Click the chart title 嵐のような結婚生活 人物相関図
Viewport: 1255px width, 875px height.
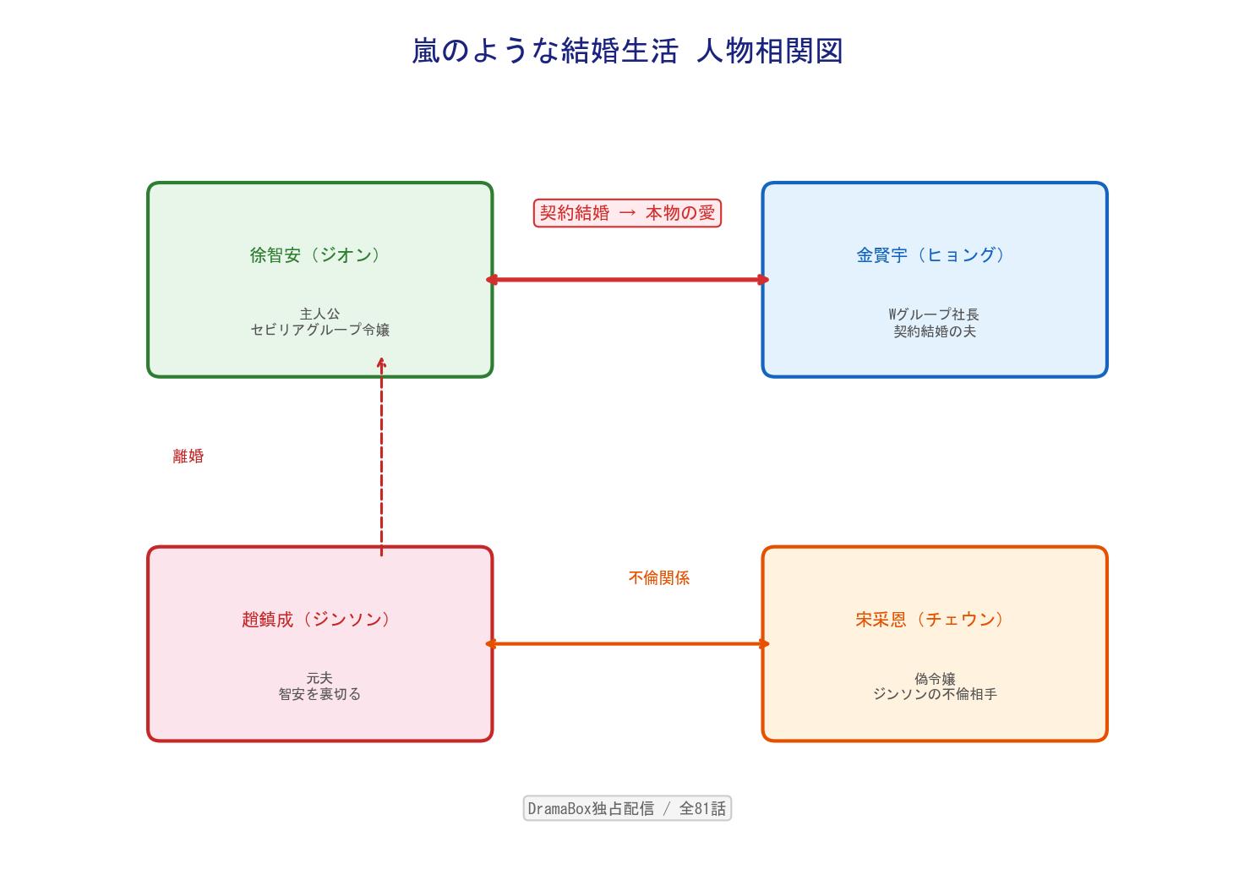point(627,51)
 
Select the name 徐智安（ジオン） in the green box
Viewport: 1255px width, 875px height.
point(315,254)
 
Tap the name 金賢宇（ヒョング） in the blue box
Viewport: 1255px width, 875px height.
point(930,254)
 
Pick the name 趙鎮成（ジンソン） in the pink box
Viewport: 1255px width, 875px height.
point(316,619)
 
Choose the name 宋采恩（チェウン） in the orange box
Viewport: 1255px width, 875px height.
point(930,619)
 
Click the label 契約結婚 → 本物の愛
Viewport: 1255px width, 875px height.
point(627,213)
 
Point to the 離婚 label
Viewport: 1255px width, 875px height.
point(188,457)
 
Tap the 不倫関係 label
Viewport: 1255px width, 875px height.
point(659,577)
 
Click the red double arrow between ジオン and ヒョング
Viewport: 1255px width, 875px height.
point(627,280)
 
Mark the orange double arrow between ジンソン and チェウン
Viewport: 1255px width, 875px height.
point(627,644)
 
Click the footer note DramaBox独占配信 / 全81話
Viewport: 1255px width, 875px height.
point(627,808)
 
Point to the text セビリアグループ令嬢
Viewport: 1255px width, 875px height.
point(320,330)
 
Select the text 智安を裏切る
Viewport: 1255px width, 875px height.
point(319,694)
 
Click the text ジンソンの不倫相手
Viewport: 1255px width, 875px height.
point(935,694)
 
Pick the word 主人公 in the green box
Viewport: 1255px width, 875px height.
point(319,314)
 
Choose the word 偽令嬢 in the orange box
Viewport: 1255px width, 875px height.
point(935,678)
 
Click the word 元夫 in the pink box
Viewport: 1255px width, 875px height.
point(319,678)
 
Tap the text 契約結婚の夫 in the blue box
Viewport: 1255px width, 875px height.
point(935,331)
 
